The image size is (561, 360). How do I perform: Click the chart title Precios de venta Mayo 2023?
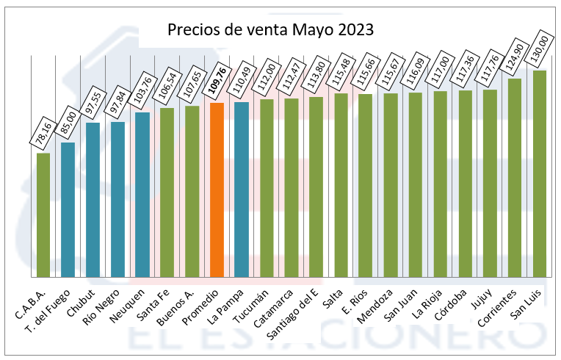270,30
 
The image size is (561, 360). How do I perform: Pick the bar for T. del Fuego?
68,209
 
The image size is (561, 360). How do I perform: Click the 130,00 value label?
540,49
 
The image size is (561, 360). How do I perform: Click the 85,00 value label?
68,122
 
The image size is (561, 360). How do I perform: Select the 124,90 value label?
515,57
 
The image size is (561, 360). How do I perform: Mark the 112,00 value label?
267,79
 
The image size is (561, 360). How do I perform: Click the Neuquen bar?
142,195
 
